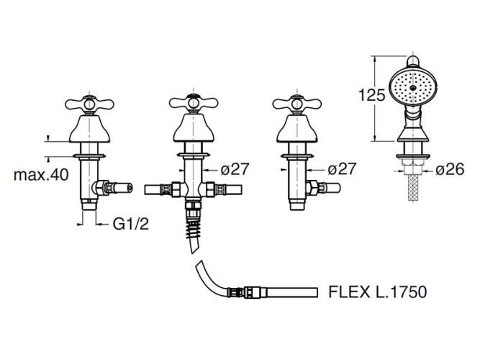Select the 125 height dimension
tap(367, 93)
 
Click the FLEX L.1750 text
tap(377, 292)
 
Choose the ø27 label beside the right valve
tap(344, 170)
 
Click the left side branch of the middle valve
tap(161, 191)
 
